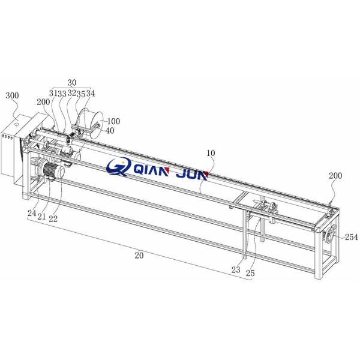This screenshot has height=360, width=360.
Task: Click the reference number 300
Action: pyautogui.click(x=12, y=95)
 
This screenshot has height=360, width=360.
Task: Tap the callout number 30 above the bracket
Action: pyautogui.click(x=72, y=82)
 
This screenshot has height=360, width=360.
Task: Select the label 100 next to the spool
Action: pyautogui.click(x=113, y=121)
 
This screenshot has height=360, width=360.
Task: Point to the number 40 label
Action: pyautogui.click(x=110, y=130)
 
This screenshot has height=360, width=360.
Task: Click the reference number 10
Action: pyautogui.click(x=211, y=153)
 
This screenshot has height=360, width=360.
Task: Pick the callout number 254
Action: pyautogui.click(x=352, y=237)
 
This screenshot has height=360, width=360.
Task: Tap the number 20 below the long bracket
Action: pyautogui.click(x=139, y=255)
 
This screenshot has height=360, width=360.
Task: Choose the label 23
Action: pyautogui.click(x=236, y=270)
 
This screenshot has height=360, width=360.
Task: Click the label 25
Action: pyautogui.click(x=250, y=273)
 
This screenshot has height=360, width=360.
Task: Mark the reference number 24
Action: pyautogui.click(x=32, y=213)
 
